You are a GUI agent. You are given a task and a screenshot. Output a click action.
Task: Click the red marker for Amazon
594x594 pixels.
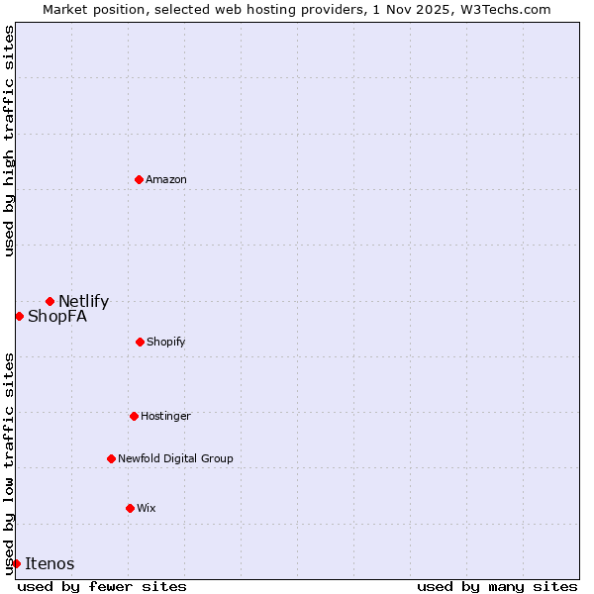point(139,179)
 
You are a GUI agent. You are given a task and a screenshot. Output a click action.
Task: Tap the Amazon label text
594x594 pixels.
point(166,179)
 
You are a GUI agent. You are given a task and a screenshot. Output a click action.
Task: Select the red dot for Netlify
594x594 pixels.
point(49,301)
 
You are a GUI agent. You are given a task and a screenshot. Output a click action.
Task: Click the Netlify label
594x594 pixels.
point(83,302)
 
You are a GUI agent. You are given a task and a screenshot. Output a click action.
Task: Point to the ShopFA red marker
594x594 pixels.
point(19,316)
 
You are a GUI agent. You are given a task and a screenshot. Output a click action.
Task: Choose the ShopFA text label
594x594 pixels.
point(57,317)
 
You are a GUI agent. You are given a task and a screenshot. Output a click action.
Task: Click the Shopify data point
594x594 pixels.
point(140,342)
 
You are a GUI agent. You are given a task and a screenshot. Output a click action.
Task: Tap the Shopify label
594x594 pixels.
point(166,342)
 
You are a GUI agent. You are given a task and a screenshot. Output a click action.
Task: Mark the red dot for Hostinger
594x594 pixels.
point(134,416)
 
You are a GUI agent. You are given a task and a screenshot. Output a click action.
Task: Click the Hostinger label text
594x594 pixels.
point(165,416)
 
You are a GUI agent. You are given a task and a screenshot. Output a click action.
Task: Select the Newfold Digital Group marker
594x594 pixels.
point(111,458)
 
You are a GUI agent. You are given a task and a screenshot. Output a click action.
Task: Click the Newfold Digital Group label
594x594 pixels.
point(175,458)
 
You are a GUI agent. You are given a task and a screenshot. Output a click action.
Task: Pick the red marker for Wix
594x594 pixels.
point(130,508)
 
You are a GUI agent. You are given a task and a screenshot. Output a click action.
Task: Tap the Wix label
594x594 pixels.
point(147,508)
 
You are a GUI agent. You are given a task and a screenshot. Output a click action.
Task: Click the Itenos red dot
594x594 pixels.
point(16,563)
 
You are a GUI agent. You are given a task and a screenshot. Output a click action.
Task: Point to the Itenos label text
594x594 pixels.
point(49,564)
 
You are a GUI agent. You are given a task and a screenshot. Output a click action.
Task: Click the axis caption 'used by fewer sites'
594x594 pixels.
point(102,586)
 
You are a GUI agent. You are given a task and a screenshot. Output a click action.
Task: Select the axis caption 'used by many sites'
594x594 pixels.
point(497,586)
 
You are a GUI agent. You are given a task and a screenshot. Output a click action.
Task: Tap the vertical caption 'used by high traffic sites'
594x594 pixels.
point(9,141)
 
